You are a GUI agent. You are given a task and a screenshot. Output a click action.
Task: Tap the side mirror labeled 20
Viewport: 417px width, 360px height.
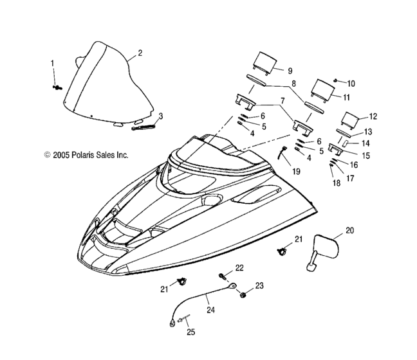(x=324, y=249)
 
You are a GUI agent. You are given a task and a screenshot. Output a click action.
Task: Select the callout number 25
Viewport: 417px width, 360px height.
(x=190, y=332)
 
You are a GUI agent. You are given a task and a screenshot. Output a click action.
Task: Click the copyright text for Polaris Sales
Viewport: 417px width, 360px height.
(x=86, y=155)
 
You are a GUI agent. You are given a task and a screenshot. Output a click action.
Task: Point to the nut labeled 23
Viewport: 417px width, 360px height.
(x=243, y=294)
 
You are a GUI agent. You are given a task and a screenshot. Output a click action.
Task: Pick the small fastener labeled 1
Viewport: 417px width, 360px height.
(x=57, y=87)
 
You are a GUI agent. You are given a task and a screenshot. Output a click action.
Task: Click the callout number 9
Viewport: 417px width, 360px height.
(x=290, y=71)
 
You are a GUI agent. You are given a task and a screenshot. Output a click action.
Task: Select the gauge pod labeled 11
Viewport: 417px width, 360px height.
(x=322, y=90)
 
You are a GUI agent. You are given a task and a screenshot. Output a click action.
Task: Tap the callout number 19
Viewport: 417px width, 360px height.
(x=296, y=172)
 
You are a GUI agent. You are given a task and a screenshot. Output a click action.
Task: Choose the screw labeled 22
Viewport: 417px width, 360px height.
(x=223, y=276)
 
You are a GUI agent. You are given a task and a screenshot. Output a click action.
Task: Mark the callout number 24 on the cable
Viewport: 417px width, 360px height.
(x=210, y=310)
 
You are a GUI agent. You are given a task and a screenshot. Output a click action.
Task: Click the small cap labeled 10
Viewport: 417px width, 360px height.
(x=336, y=80)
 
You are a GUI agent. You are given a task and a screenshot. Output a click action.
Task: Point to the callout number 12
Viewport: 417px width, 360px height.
(x=373, y=116)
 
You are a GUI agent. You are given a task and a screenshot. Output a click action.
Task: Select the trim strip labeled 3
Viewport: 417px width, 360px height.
(x=144, y=127)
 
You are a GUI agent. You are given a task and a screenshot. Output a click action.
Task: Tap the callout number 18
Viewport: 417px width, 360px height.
(x=337, y=183)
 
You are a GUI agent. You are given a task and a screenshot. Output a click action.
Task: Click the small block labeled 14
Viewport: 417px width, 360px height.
(x=347, y=144)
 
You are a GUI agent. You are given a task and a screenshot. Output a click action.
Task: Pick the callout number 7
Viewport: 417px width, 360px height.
(x=283, y=101)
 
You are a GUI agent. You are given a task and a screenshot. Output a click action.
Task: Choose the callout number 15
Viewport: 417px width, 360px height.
(x=366, y=156)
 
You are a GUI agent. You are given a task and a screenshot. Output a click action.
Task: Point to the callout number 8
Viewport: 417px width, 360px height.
(x=293, y=84)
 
